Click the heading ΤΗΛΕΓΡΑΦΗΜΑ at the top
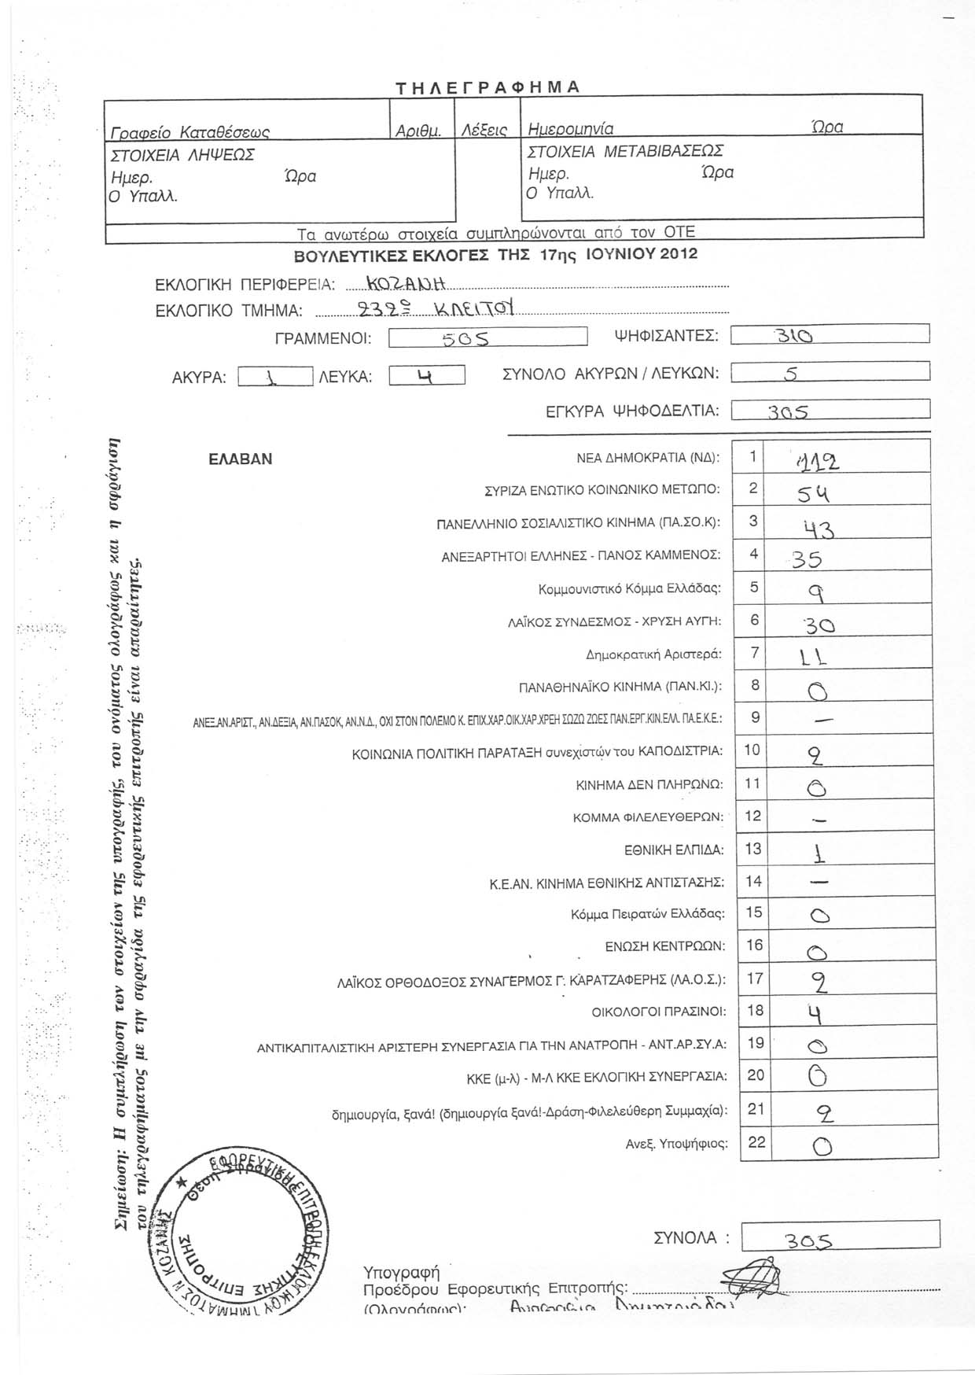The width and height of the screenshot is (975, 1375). click(x=487, y=87)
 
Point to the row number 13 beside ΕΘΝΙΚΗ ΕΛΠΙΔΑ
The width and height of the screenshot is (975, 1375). click(x=753, y=848)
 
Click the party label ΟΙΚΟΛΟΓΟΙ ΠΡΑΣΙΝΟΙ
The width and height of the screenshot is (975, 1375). click(x=659, y=1012)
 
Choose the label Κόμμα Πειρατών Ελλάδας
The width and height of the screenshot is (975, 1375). click(x=647, y=914)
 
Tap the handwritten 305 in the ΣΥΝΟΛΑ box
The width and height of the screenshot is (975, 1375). click(x=808, y=1240)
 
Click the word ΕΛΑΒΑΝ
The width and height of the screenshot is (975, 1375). click(x=240, y=459)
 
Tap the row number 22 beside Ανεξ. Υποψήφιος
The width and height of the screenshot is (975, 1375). click(x=756, y=1142)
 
